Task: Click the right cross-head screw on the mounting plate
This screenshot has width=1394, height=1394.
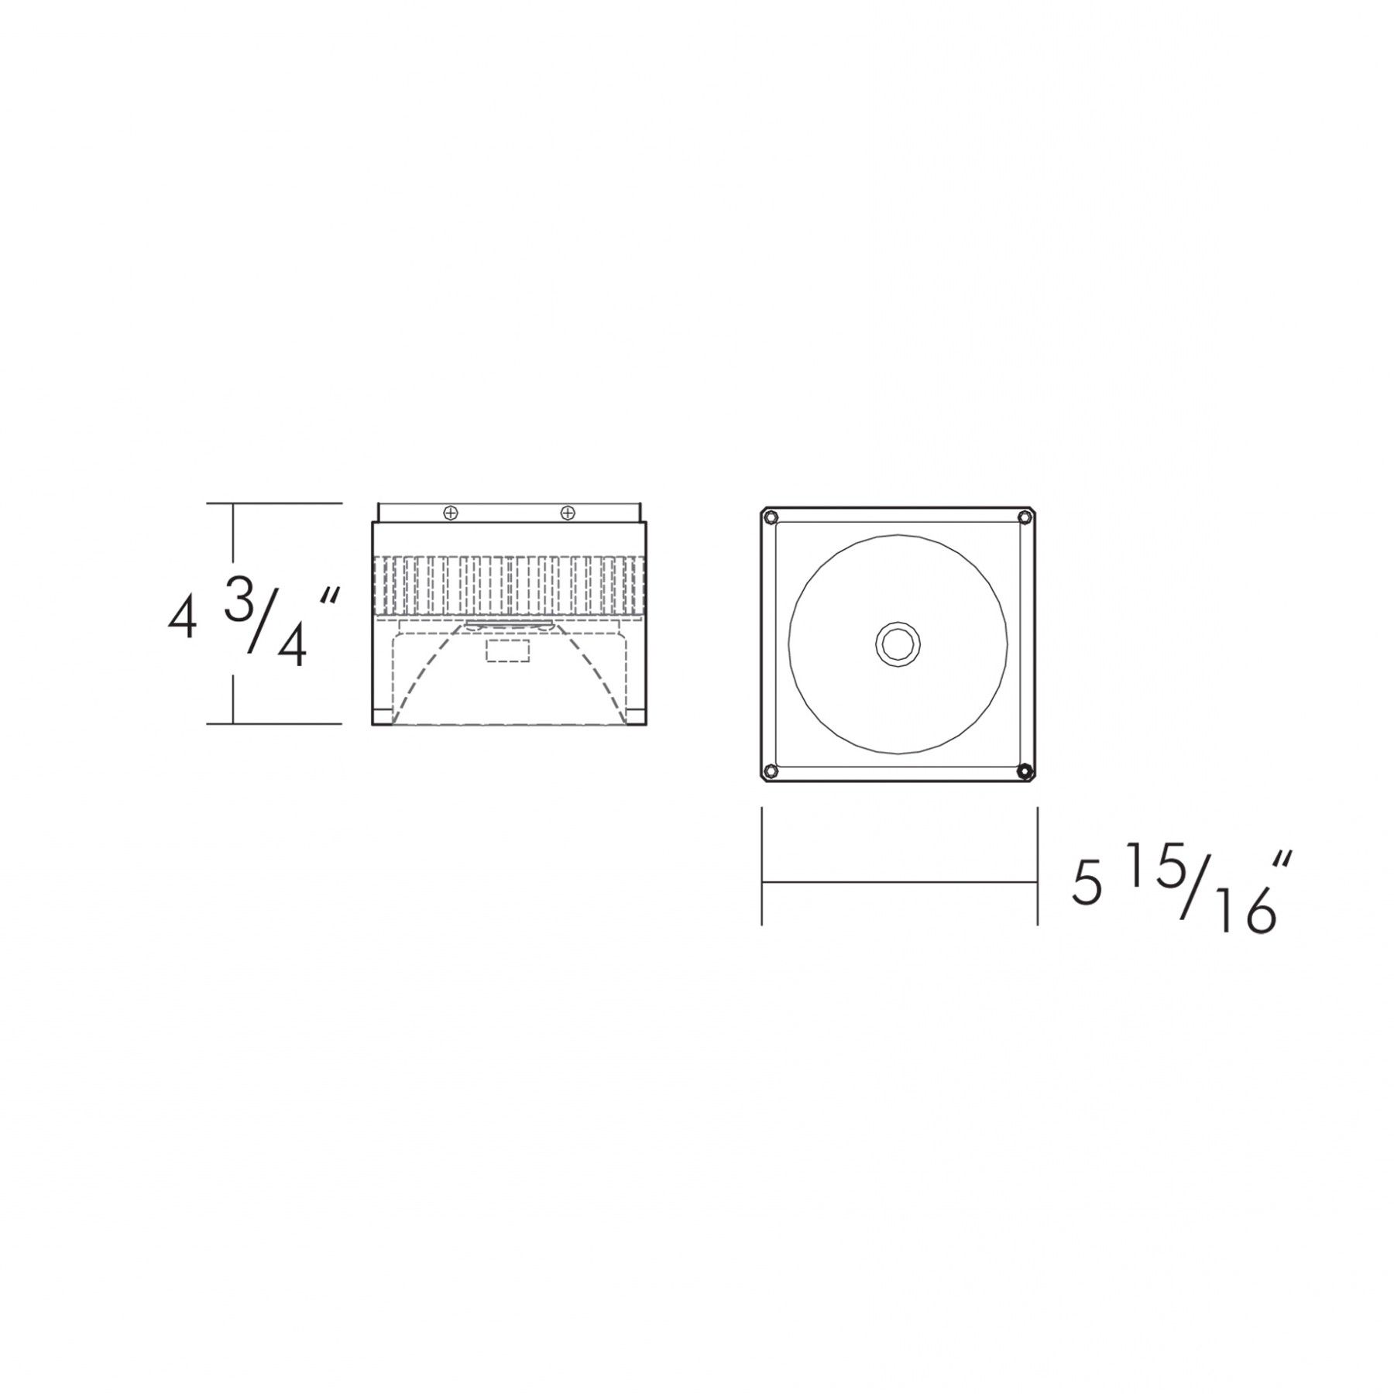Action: click(x=568, y=513)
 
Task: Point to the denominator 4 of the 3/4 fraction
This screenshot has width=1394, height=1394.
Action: click(x=292, y=645)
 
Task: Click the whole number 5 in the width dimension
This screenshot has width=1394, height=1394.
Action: click(x=1087, y=885)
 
